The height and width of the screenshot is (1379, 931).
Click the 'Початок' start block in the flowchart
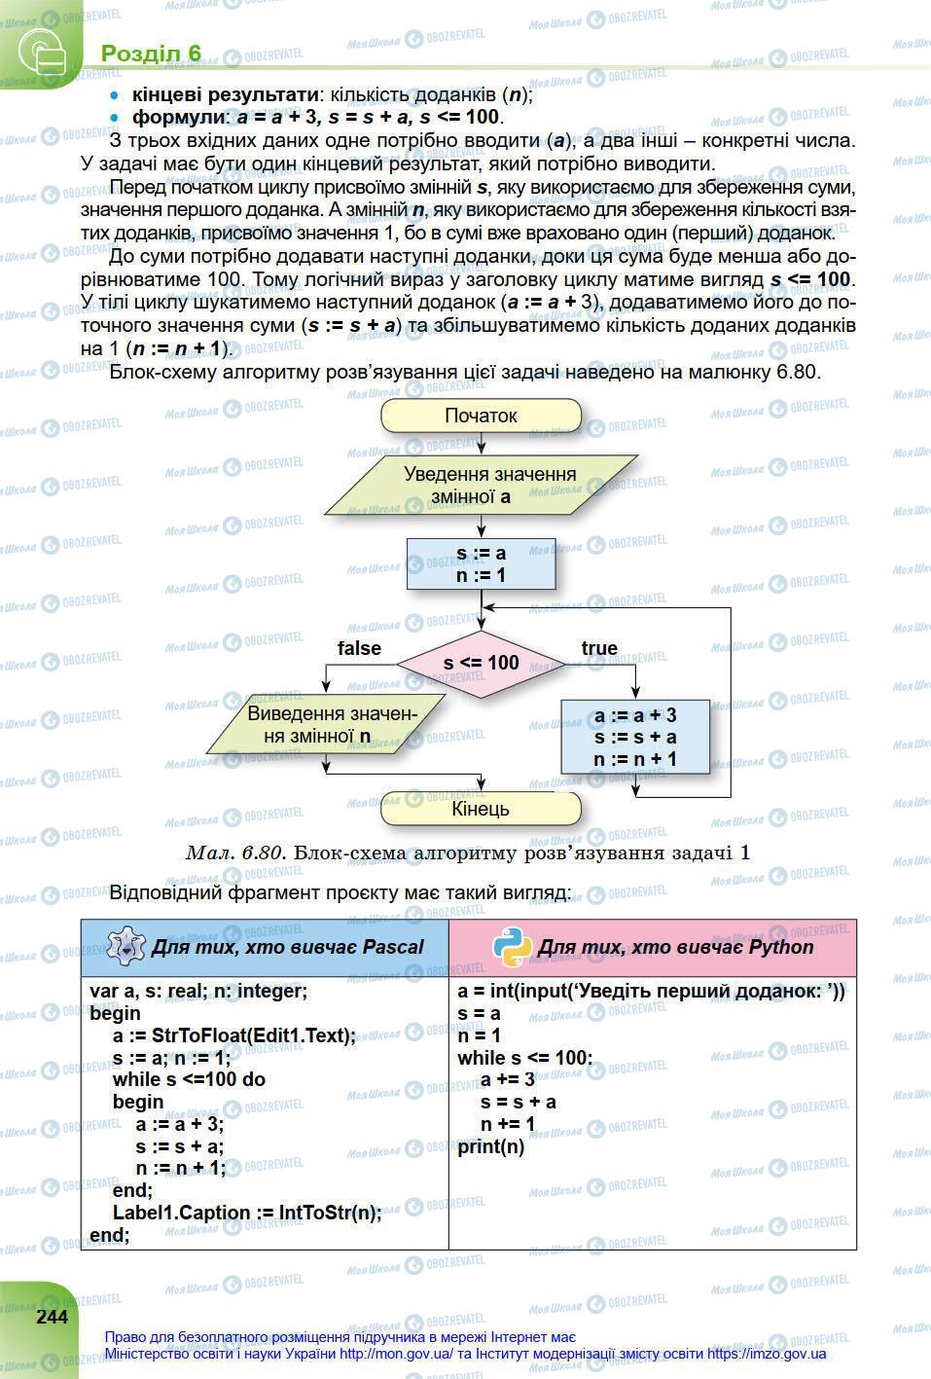[x=481, y=416]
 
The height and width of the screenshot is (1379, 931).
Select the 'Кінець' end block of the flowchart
[x=480, y=809]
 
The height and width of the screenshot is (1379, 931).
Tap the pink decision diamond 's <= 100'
[x=482, y=663]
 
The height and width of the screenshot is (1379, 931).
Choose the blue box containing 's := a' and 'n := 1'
[x=482, y=564]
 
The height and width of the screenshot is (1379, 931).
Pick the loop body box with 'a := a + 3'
[x=635, y=738]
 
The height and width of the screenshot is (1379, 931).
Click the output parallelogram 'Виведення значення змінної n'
[x=323, y=725]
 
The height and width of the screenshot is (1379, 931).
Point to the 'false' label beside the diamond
[x=359, y=648]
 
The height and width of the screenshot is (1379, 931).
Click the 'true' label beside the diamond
[x=599, y=648]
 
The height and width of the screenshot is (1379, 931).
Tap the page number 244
[x=52, y=1317]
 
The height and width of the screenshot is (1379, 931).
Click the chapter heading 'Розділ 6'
[x=151, y=53]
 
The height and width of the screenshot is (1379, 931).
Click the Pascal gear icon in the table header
[x=125, y=946]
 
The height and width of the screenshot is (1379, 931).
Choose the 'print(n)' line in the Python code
[x=491, y=1146]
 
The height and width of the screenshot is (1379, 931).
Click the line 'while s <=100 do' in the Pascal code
[x=189, y=1079]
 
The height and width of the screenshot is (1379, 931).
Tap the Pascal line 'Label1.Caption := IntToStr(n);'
[x=247, y=1213]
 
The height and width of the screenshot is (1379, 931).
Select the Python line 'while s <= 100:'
[x=524, y=1058]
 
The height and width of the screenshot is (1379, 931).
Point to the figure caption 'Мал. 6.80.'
[x=233, y=853]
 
